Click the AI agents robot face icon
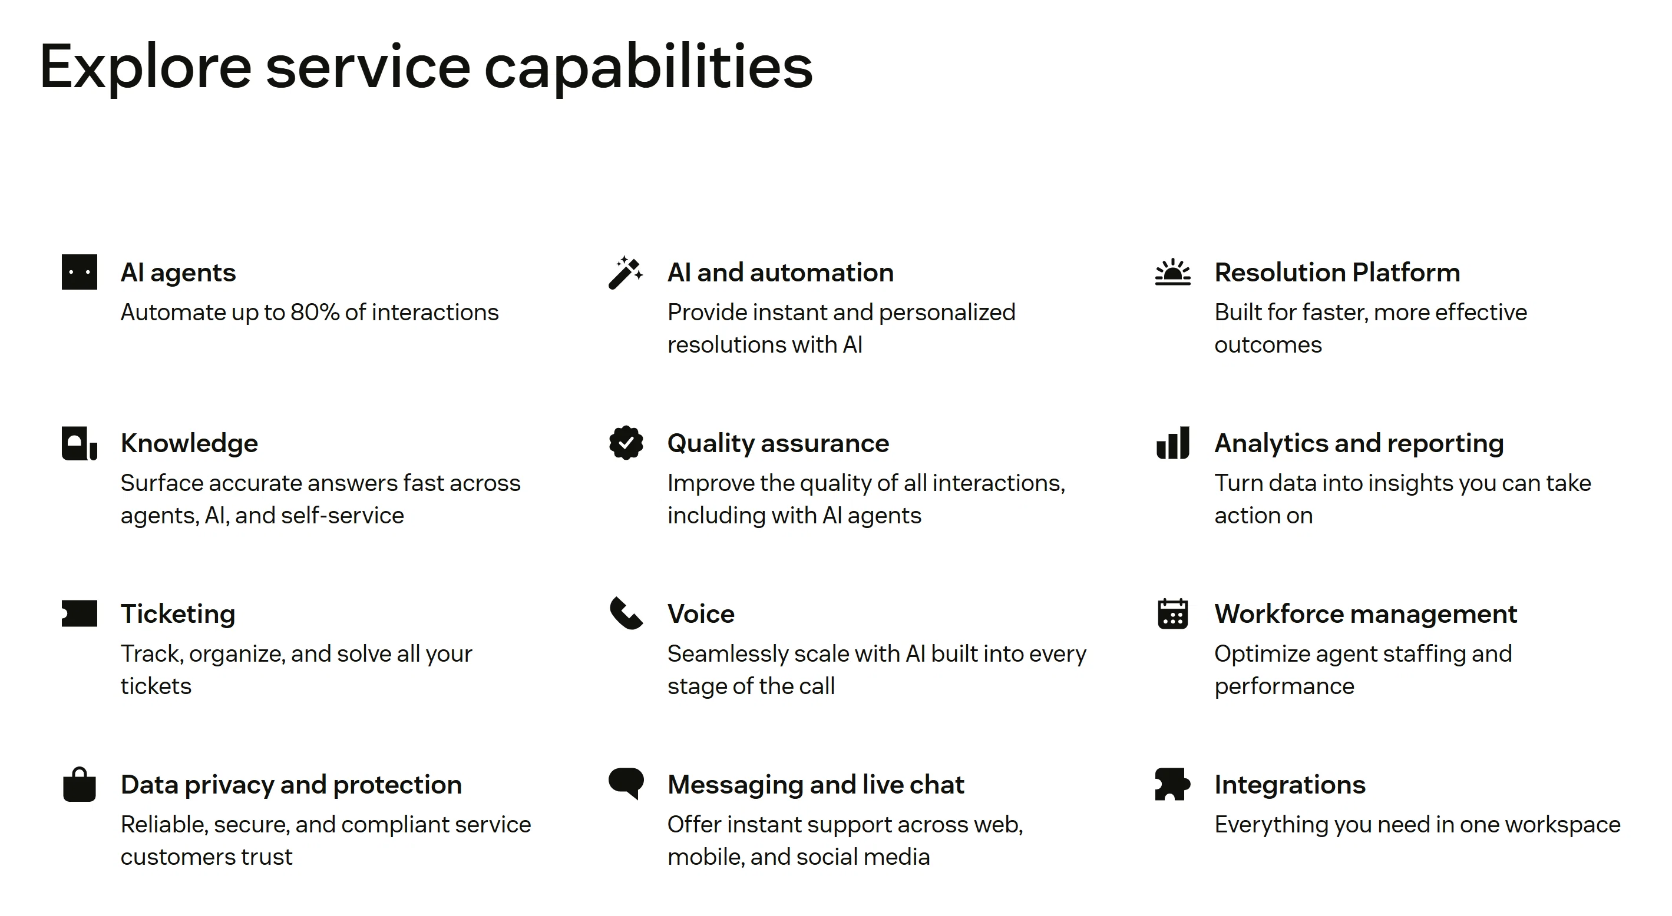tap(79, 272)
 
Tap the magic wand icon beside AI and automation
tap(626, 273)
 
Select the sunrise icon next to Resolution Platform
tap(1173, 273)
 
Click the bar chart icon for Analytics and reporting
tap(1173, 443)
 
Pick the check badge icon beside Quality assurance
tap(626, 443)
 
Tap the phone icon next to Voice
tap(626, 613)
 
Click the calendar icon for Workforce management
tap(1173, 613)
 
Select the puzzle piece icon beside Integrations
tap(1173, 784)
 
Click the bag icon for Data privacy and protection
tap(79, 785)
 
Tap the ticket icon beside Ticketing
tap(79, 613)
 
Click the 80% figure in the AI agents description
tap(315, 313)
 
